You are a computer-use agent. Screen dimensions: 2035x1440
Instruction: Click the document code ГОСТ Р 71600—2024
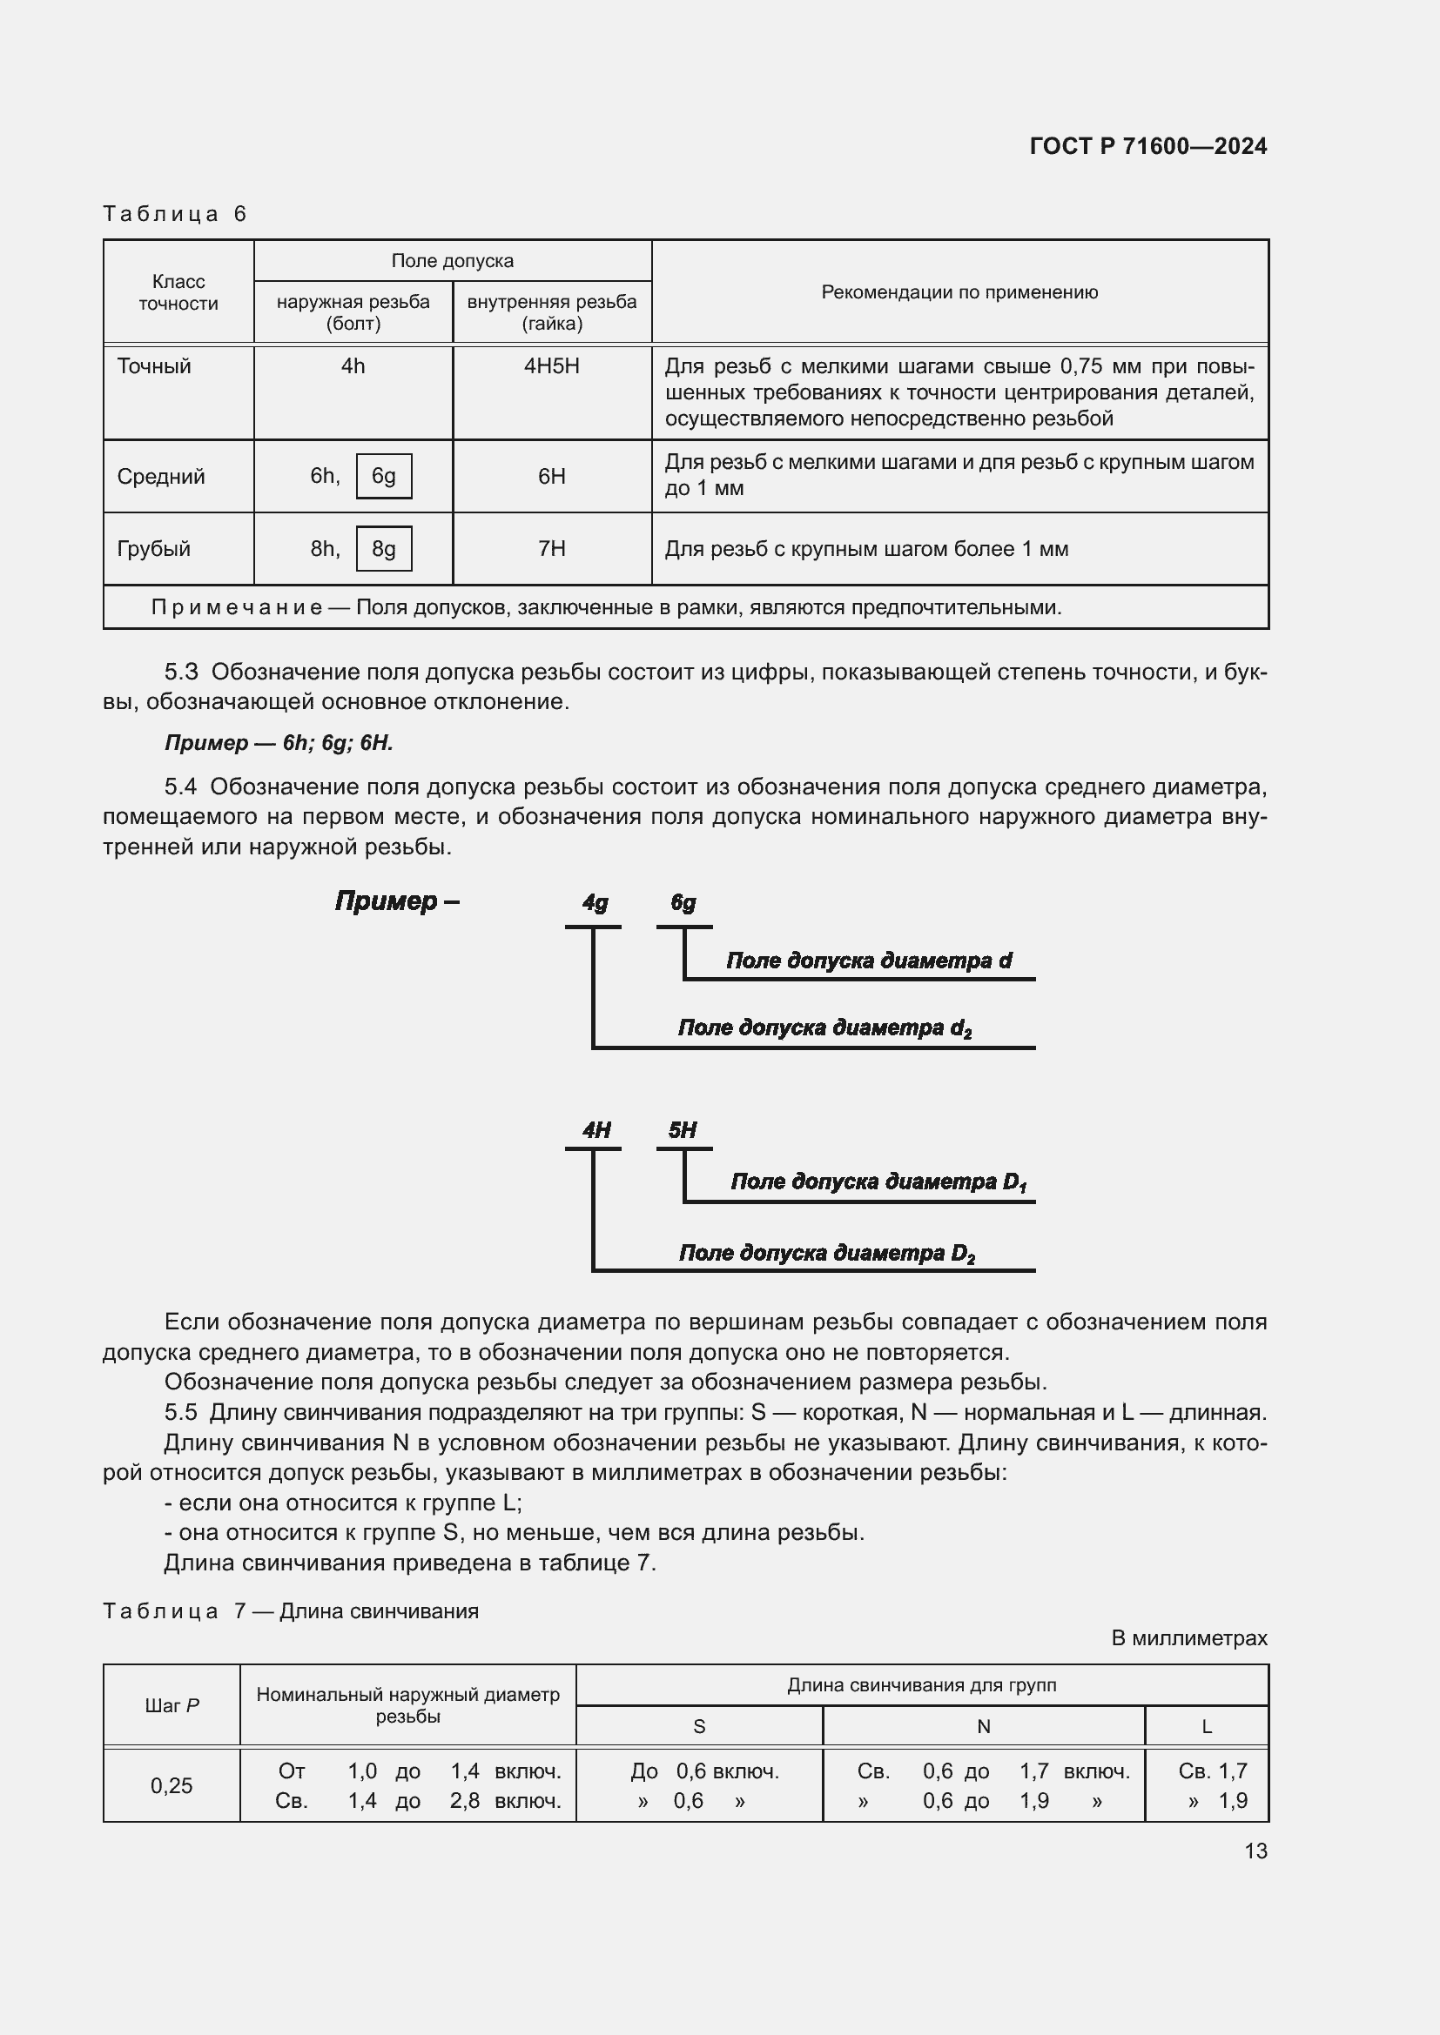click(x=1147, y=146)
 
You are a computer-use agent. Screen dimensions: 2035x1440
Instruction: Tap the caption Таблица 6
click(x=175, y=214)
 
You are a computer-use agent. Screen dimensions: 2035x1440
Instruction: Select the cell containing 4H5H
click(x=551, y=366)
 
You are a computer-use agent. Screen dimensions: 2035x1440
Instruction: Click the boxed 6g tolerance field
click(x=383, y=476)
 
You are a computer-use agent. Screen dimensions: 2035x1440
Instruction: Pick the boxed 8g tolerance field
click(x=383, y=549)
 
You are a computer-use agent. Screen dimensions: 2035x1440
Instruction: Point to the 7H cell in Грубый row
click(x=551, y=549)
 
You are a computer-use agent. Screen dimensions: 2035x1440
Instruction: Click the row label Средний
click(x=160, y=477)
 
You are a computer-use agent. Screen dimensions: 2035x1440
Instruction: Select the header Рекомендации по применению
click(x=959, y=291)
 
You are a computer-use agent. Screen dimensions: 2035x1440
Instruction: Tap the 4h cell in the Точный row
click(x=353, y=366)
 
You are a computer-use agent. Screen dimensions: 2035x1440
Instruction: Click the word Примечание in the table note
click(x=236, y=607)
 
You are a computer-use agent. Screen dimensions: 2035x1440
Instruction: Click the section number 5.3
click(x=181, y=672)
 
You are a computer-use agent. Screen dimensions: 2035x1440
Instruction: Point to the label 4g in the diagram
click(x=595, y=902)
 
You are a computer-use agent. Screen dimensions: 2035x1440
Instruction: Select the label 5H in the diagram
click(x=682, y=1130)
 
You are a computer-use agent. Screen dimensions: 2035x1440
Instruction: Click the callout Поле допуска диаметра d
click(x=868, y=961)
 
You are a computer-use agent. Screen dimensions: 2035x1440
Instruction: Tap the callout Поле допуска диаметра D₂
click(x=826, y=1253)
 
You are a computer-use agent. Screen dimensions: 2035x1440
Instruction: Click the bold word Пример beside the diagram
click(x=387, y=901)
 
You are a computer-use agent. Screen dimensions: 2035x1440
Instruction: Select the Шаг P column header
click(x=172, y=1706)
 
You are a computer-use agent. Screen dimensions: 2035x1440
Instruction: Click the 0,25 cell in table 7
click(x=172, y=1786)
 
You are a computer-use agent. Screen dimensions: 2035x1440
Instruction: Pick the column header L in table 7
click(x=1206, y=1726)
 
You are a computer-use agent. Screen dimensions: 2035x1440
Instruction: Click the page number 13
click(x=1255, y=1851)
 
